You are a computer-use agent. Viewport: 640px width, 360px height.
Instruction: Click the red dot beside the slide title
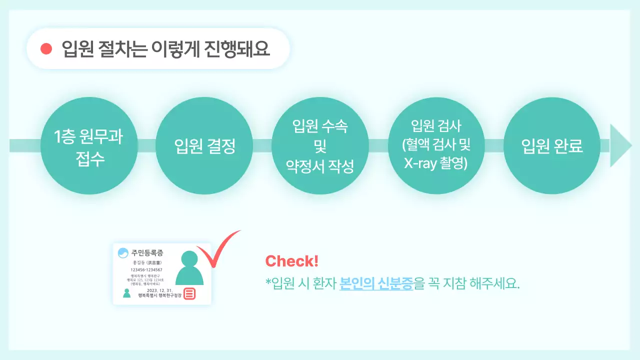coord(46,48)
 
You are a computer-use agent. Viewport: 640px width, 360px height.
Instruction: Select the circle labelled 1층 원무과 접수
coord(88,145)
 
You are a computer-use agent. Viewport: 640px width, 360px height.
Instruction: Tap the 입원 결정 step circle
coord(204,146)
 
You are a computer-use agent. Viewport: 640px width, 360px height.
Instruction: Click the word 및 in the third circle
coord(320,146)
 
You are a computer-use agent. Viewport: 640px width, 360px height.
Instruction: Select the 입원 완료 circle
coord(551,146)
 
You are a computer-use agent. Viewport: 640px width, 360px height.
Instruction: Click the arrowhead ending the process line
coord(620,145)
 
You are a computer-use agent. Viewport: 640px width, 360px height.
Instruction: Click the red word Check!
coord(291,261)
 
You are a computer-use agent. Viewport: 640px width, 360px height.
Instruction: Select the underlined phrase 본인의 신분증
coord(376,283)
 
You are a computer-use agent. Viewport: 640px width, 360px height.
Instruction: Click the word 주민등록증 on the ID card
coord(147,253)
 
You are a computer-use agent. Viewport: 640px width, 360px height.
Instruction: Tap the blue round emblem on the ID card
coord(123,253)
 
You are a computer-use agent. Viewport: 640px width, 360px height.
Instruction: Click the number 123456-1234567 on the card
coord(146,270)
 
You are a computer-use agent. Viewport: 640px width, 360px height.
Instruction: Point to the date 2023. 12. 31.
coord(159,290)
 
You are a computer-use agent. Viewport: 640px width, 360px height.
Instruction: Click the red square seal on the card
coord(189,293)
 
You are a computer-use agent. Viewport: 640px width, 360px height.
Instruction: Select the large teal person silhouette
coord(189,268)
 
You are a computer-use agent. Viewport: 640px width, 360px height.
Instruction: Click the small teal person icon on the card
coord(127,293)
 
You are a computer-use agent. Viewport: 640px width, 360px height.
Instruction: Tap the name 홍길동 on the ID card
coord(139,262)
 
